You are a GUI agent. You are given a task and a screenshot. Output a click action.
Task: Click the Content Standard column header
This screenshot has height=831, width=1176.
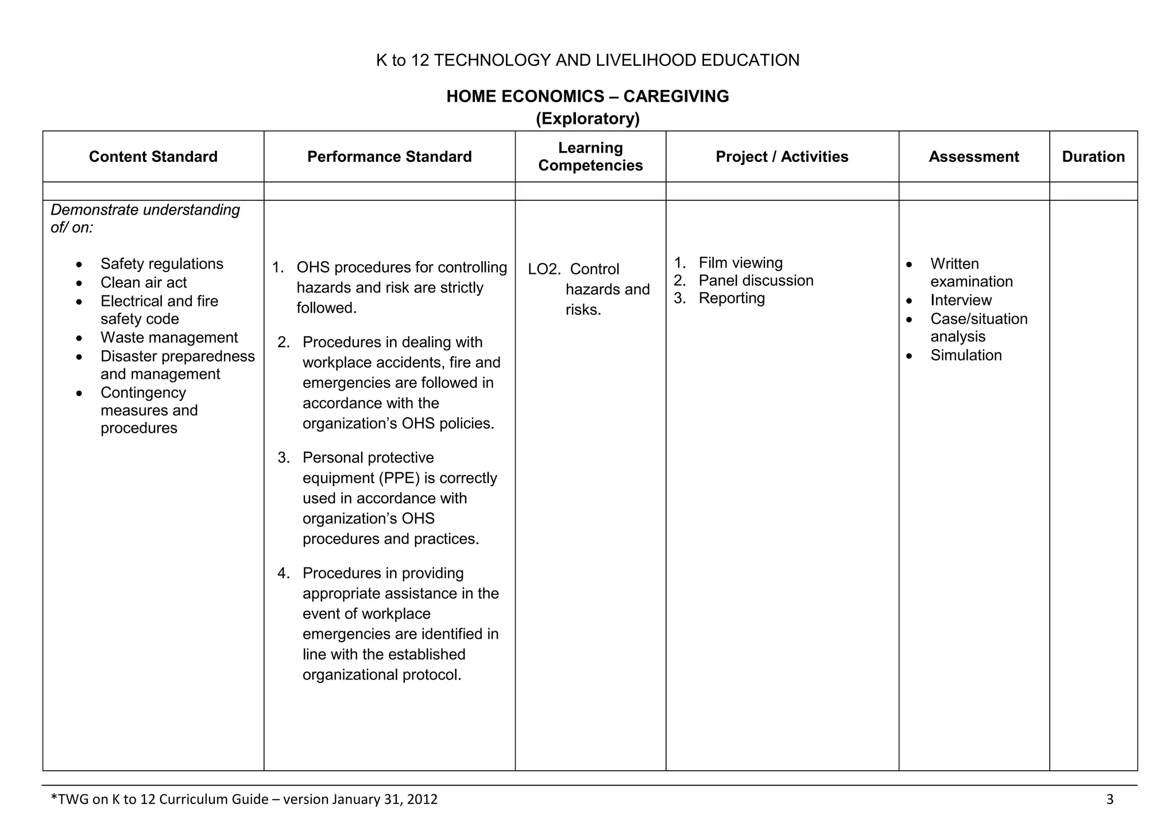[x=153, y=157]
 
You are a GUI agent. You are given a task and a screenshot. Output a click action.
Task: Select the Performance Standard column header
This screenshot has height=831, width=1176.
[x=389, y=157]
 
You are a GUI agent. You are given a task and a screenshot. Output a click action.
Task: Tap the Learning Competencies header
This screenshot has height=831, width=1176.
[x=590, y=157]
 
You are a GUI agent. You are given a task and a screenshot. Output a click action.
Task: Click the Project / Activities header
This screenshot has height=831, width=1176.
[x=782, y=157]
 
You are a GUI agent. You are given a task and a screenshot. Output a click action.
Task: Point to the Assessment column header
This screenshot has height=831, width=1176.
[x=973, y=157]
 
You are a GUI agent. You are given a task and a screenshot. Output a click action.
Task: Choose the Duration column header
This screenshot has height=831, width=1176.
[x=1093, y=157]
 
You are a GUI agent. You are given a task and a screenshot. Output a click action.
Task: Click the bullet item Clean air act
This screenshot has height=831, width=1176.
[x=144, y=283]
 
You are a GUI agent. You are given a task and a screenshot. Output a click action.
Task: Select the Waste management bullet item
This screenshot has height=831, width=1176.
[x=169, y=337]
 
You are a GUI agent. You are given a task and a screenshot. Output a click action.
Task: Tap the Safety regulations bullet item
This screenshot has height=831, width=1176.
[x=161, y=264]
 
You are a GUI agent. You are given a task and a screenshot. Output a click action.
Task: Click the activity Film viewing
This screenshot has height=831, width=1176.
[x=740, y=263]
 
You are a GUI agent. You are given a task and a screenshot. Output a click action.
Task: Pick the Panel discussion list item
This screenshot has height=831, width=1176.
[x=756, y=281]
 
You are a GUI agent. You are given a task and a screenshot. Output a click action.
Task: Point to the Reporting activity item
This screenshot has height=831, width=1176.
[x=732, y=298]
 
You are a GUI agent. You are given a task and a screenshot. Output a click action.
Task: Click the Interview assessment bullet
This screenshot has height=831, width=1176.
[x=961, y=300]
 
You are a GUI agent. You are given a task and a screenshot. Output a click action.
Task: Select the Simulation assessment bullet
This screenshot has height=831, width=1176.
[x=966, y=355]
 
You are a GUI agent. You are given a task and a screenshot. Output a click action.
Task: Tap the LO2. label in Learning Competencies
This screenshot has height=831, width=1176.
[x=544, y=270]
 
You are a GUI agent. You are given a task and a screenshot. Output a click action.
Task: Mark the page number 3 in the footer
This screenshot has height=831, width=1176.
[x=1109, y=799]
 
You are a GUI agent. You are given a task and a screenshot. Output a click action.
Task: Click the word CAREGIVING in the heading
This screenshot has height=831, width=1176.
[x=676, y=96]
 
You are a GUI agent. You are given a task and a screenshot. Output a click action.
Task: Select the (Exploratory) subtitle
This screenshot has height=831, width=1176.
[x=587, y=119]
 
